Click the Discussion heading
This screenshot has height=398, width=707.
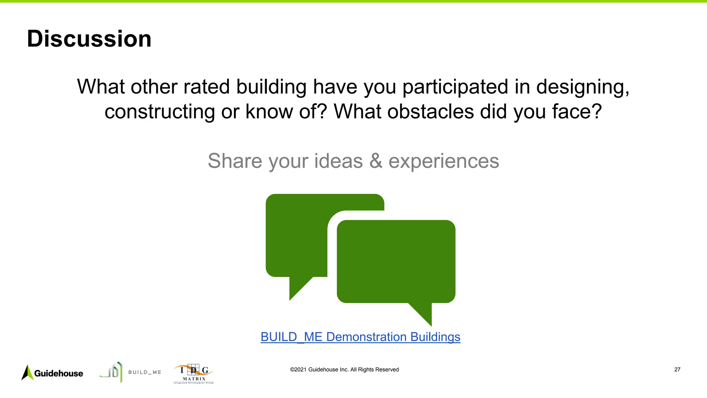[x=89, y=39]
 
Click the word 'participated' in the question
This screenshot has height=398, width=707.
[x=455, y=87]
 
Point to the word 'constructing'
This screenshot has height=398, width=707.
[x=159, y=112]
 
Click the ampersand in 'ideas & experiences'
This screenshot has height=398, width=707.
[x=376, y=161]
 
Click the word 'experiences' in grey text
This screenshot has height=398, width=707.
[x=444, y=161]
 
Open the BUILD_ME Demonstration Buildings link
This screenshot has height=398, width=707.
[x=360, y=337]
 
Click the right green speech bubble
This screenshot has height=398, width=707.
[x=396, y=261]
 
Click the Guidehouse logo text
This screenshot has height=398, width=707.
[x=59, y=373]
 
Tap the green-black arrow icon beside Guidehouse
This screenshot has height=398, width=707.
[x=27, y=373]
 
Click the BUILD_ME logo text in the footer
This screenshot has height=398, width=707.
[x=145, y=372]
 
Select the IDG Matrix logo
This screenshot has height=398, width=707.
[x=193, y=374]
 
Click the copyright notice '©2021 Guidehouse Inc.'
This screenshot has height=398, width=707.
[x=344, y=370]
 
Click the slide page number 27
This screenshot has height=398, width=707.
[x=677, y=370]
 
